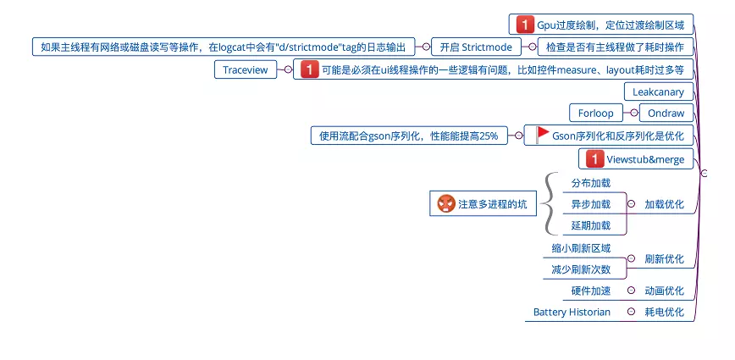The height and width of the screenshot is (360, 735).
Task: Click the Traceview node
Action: (x=245, y=70)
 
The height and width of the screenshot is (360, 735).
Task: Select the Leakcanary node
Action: (x=659, y=91)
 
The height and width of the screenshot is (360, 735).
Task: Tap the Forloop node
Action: (x=596, y=113)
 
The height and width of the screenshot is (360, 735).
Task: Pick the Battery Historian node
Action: (x=572, y=313)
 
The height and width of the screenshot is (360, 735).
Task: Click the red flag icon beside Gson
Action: (x=543, y=134)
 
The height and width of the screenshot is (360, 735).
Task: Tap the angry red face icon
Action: (x=446, y=203)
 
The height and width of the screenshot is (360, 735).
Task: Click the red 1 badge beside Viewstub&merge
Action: (x=595, y=158)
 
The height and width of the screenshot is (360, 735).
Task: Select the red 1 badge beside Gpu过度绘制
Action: (x=525, y=24)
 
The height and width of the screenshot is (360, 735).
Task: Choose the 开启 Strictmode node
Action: (x=476, y=47)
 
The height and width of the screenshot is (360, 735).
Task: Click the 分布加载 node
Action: (x=590, y=182)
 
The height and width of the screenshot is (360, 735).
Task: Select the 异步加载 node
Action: (x=590, y=204)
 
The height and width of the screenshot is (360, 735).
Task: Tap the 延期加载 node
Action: (x=590, y=225)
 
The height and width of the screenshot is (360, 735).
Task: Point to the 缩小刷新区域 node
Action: (x=581, y=249)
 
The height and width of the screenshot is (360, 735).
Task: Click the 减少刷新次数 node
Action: (x=581, y=269)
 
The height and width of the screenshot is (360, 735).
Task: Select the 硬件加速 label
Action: (x=590, y=291)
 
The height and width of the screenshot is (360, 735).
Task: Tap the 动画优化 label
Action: (x=664, y=291)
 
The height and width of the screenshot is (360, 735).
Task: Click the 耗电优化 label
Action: (x=664, y=313)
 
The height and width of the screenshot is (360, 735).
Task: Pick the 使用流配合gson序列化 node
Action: (x=408, y=135)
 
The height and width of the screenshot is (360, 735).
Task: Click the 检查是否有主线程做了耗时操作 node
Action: (x=616, y=47)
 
